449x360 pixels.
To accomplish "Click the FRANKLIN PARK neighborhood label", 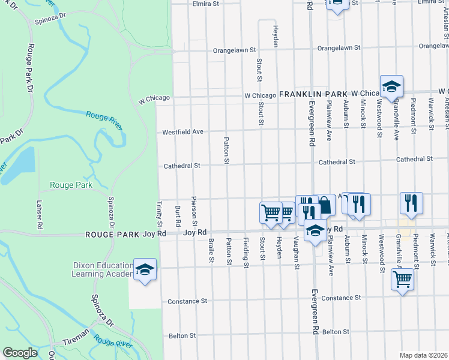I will pos(313,95).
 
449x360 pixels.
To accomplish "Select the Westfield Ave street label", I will pos(183,132).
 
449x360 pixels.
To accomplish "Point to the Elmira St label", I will pos(205,4).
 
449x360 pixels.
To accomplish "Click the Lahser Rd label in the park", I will pos(40,215).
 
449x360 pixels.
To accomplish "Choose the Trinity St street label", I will pos(159,214).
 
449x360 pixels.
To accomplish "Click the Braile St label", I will pos(211,250).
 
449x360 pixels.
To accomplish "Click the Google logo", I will pos(20,353).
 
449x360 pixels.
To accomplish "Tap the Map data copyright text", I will pos(424,355).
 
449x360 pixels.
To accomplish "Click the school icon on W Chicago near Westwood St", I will pos(391,86).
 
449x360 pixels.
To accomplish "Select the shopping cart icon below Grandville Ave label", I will pos(402,279).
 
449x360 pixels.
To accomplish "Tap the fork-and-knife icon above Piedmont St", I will pos(411,203).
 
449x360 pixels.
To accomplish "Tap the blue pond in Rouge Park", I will pos(20,161).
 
